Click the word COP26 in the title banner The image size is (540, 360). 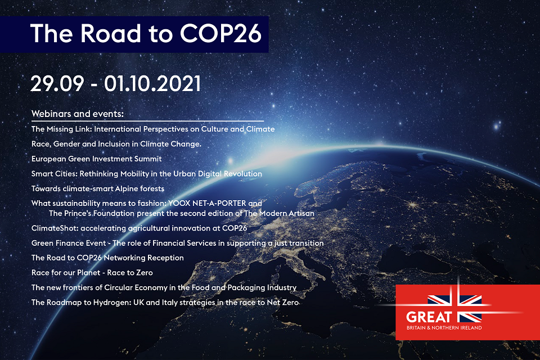(x=220, y=33)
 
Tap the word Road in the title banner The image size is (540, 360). (x=111, y=33)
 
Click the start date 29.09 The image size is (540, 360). (x=57, y=83)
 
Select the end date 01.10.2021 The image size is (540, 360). (x=152, y=83)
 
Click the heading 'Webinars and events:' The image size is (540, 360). (x=78, y=114)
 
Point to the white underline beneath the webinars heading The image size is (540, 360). (x=148, y=121)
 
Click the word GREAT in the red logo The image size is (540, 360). (x=429, y=317)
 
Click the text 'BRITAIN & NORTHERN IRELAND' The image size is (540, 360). (x=444, y=327)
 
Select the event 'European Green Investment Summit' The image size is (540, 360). (x=96, y=159)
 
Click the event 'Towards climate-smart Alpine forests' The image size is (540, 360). (x=98, y=188)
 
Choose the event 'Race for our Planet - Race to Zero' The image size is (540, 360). (x=92, y=272)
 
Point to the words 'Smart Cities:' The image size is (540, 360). (x=55, y=174)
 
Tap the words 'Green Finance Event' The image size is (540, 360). (x=69, y=243)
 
